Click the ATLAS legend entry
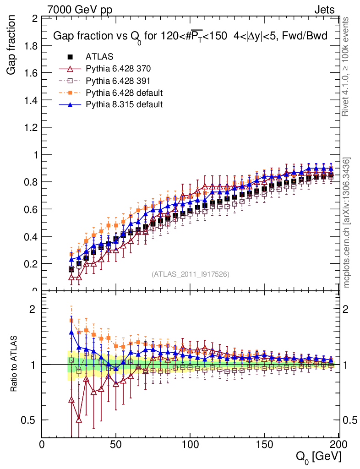pos(99,57)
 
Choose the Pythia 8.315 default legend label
pos(124,104)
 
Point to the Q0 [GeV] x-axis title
pos(317,457)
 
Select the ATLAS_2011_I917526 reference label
pos(191,274)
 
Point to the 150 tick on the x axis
pos(263,444)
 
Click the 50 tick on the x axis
pos(116,444)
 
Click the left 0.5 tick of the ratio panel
pos(32,420)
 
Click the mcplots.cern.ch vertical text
pos(347,222)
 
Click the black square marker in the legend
pos(70,57)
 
